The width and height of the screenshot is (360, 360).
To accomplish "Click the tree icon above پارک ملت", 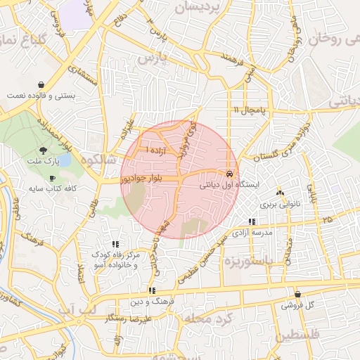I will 44,150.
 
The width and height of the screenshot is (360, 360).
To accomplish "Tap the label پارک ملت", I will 44,162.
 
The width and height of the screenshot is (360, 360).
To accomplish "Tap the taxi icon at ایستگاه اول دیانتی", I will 229,173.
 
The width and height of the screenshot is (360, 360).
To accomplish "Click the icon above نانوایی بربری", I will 280,193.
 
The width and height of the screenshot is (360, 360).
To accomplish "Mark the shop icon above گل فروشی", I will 297,295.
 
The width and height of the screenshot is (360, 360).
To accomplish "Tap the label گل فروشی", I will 297,307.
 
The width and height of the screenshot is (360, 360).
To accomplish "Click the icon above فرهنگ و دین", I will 151,290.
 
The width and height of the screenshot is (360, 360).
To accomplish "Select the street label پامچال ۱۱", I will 250,110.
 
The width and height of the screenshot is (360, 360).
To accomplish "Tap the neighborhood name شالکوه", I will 98,160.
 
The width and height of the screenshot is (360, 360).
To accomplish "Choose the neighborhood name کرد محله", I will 207,319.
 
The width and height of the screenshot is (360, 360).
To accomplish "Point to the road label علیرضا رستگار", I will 148,320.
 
